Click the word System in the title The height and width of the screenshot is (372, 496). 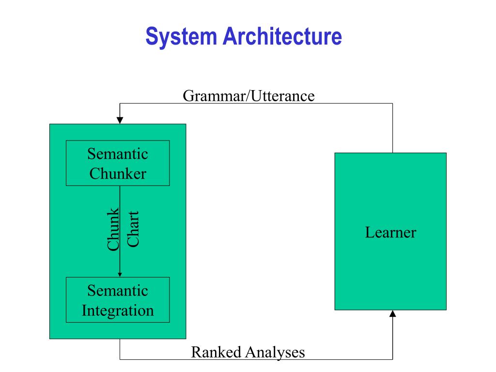tap(181, 37)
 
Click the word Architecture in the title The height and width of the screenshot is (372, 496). tap(282, 36)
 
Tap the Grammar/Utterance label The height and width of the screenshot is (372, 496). tap(248, 96)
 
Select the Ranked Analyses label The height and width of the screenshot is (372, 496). tap(248, 353)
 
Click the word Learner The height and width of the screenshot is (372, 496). tap(391, 232)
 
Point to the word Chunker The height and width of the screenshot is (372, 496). tap(118, 174)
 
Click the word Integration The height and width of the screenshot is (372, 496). tap(118, 310)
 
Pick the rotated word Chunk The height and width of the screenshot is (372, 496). tap(113, 229)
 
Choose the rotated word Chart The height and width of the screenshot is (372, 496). tap(133, 229)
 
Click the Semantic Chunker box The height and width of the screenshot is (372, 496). tap(118, 163)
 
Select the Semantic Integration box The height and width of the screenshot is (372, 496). tap(118, 300)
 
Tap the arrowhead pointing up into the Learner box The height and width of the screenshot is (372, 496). tap(392, 313)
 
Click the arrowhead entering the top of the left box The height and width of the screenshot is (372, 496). tap(120, 121)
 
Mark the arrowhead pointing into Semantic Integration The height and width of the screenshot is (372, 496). tap(120, 275)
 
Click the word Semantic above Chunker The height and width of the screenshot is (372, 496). tap(118, 154)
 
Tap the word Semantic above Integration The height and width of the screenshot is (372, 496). tap(118, 291)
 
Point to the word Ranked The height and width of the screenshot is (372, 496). tap(216, 352)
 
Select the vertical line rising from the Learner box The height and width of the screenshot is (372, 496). tap(392, 128)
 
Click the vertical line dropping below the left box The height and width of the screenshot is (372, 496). tap(120, 349)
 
